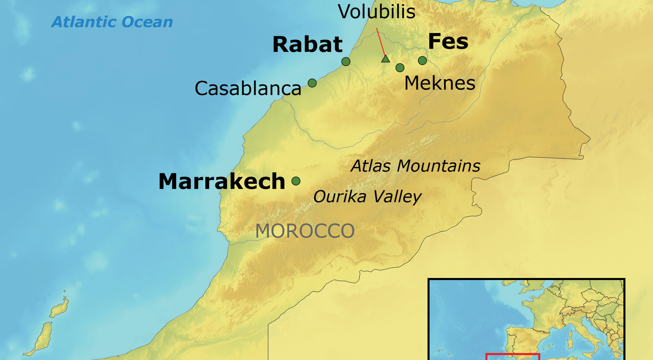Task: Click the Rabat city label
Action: click(x=307, y=44)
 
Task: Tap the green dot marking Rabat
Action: click(x=346, y=61)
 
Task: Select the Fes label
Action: click(x=448, y=42)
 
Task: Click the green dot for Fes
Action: click(x=422, y=60)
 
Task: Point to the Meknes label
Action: click(x=439, y=83)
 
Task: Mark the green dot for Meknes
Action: click(x=400, y=68)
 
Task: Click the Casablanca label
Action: click(x=248, y=89)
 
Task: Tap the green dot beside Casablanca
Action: click(x=312, y=83)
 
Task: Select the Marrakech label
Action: click(x=222, y=182)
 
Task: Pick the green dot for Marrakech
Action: click(x=296, y=181)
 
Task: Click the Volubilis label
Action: click(x=376, y=12)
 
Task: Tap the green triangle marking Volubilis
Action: click(x=385, y=59)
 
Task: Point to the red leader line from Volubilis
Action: click(x=381, y=42)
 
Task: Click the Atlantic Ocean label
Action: click(x=112, y=22)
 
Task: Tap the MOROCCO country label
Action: click(x=305, y=231)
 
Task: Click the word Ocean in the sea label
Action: click(x=147, y=22)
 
